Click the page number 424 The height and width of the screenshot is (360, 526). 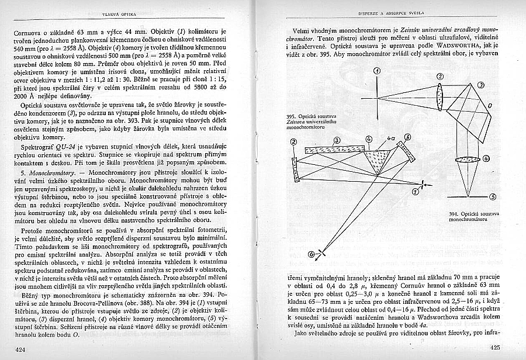tap(22, 349)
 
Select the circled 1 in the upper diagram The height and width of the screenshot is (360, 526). tap(378, 71)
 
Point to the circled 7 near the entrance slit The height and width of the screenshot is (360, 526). tap(415, 191)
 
